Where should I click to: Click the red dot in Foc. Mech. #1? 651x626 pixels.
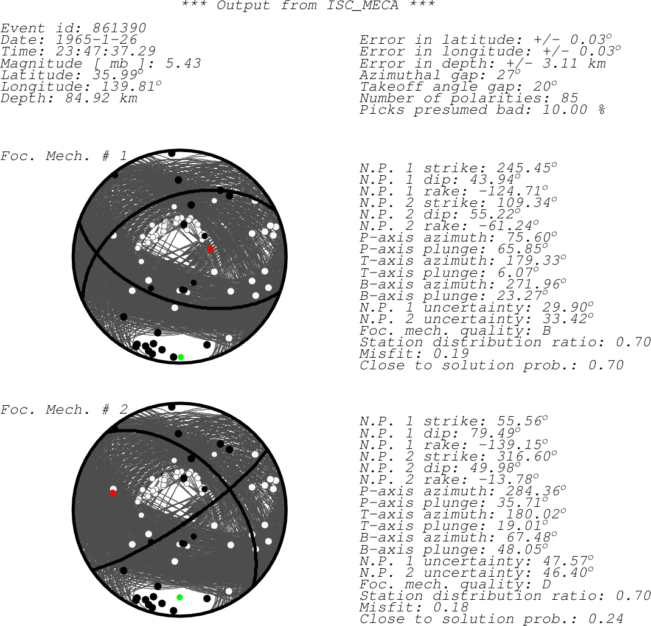(210, 249)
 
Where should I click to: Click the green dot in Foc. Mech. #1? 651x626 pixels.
(181, 357)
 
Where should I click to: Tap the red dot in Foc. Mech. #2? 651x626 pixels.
(113, 493)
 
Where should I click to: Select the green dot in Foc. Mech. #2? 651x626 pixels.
(179, 597)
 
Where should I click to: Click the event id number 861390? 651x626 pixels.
(119, 28)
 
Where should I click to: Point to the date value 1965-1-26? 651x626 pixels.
(96, 40)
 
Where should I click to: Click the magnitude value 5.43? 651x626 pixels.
(183, 63)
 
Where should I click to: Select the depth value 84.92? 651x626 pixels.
(87, 98)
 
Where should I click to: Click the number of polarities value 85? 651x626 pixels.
(569, 98)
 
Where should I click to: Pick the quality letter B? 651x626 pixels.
(546, 330)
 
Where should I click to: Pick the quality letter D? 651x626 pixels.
(546, 584)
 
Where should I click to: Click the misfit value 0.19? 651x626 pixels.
(450, 353)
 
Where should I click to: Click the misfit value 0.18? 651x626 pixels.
(450, 607)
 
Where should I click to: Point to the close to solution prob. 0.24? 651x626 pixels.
(606, 619)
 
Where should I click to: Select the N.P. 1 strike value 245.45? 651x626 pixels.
(524, 168)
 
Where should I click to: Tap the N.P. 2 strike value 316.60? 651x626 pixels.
(524, 456)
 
